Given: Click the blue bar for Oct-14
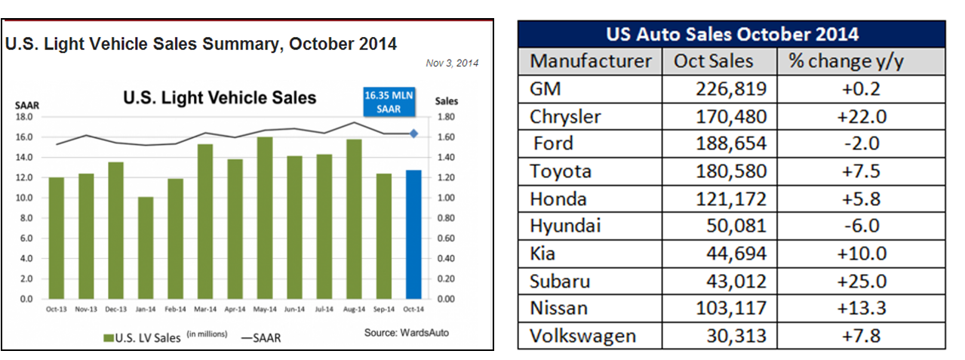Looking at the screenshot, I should pyautogui.click(x=413, y=235).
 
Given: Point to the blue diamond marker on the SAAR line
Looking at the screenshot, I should pyautogui.click(x=413, y=134).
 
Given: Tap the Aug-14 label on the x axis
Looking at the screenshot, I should pyautogui.click(x=354, y=308).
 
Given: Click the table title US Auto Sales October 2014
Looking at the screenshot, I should pyautogui.click(x=731, y=34).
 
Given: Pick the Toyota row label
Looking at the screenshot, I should pyautogui.click(x=560, y=171).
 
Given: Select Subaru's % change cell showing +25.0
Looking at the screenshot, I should pyautogui.click(x=862, y=281).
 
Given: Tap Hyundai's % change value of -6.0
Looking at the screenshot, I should pyautogui.click(x=862, y=226).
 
